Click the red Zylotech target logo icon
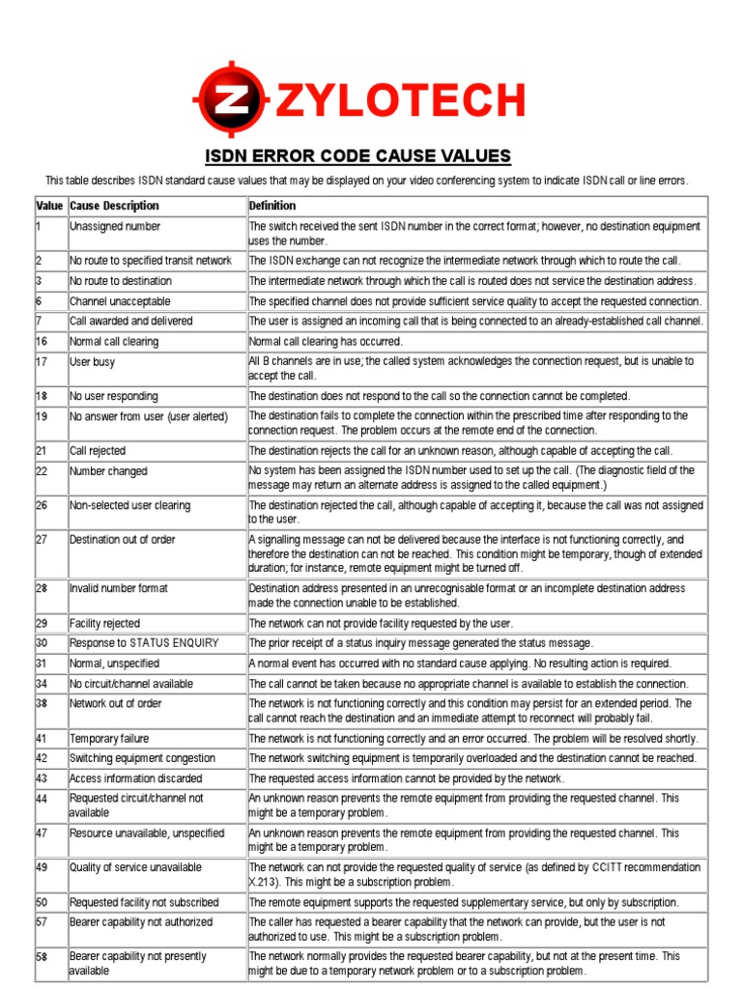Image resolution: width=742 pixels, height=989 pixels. (229, 99)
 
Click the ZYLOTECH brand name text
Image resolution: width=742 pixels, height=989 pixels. (400, 100)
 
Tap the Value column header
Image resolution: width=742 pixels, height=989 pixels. (49, 206)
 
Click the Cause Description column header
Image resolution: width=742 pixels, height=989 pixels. (114, 206)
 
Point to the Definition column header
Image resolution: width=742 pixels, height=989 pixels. (272, 206)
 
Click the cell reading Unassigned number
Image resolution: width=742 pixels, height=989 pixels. (115, 226)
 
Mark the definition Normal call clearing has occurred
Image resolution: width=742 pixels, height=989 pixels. (326, 341)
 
